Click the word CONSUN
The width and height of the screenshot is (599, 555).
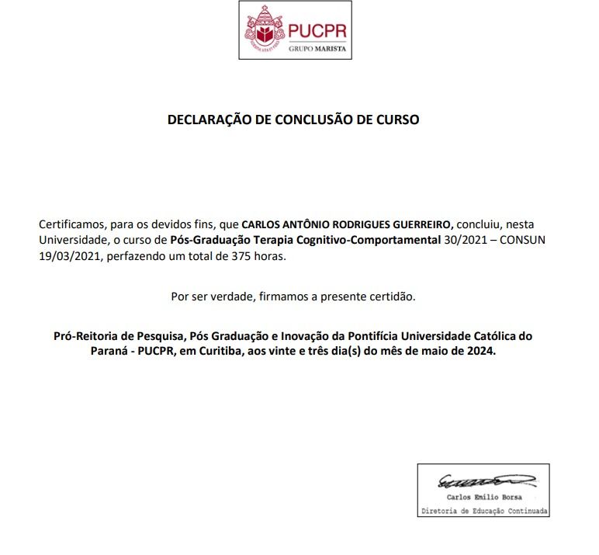click(523, 240)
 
